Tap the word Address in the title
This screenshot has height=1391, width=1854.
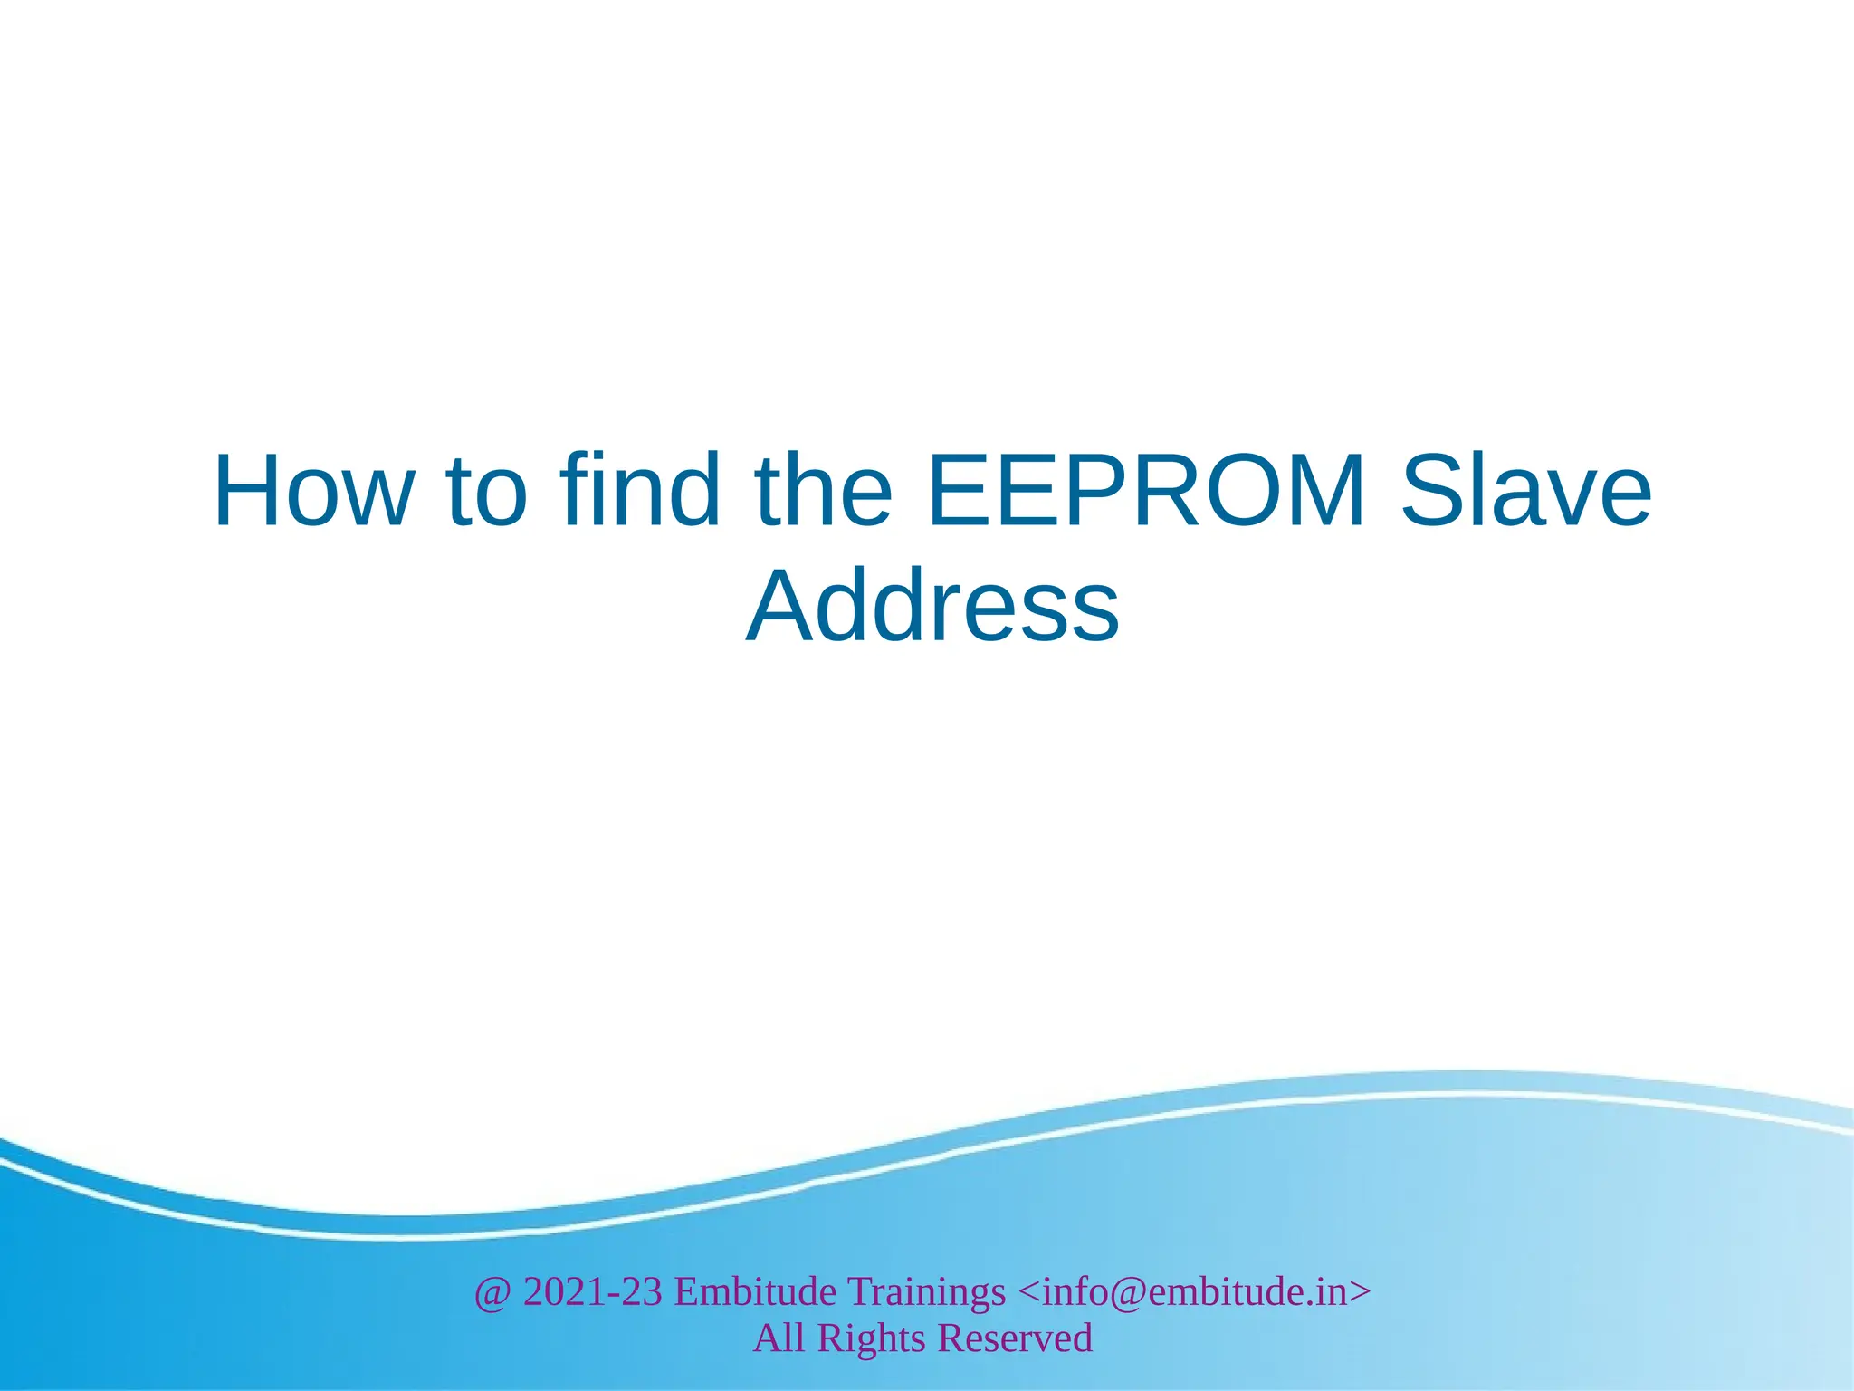tap(932, 606)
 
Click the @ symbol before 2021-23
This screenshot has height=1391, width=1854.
tap(493, 1292)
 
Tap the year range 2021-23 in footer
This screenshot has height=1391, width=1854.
tap(593, 1291)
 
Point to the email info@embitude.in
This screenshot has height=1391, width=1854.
tap(1195, 1291)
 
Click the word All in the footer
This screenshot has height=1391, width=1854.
tap(779, 1338)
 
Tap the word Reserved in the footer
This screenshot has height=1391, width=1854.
tap(1015, 1338)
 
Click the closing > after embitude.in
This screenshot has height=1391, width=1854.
tap(1361, 1292)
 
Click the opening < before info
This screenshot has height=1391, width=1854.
tap(1029, 1292)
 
